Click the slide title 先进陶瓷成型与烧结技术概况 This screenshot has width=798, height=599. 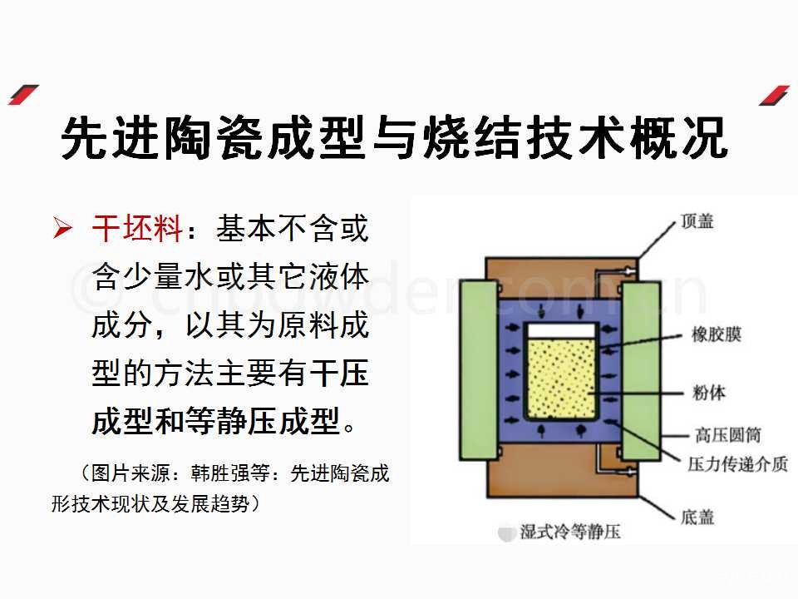[x=394, y=137]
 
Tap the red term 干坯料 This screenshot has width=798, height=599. [x=137, y=228]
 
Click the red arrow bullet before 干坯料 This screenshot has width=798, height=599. [x=62, y=228]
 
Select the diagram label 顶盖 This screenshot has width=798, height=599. [x=697, y=221]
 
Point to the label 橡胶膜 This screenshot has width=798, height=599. [x=716, y=334]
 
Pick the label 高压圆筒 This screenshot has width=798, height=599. [x=728, y=434]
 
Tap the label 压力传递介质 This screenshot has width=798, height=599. [x=738, y=463]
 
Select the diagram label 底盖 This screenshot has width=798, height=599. [x=697, y=517]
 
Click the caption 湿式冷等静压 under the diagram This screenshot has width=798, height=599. [x=570, y=532]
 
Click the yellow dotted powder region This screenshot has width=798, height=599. [x=561, y=379]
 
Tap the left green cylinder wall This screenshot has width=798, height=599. [x=479, y=370]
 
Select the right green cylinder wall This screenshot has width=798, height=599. [x=641, y=370]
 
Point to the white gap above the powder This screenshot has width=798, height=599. [x=561, y=331]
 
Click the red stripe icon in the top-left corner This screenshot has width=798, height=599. [x=23, y=95]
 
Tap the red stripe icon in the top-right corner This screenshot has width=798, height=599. [x=774, y=95]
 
